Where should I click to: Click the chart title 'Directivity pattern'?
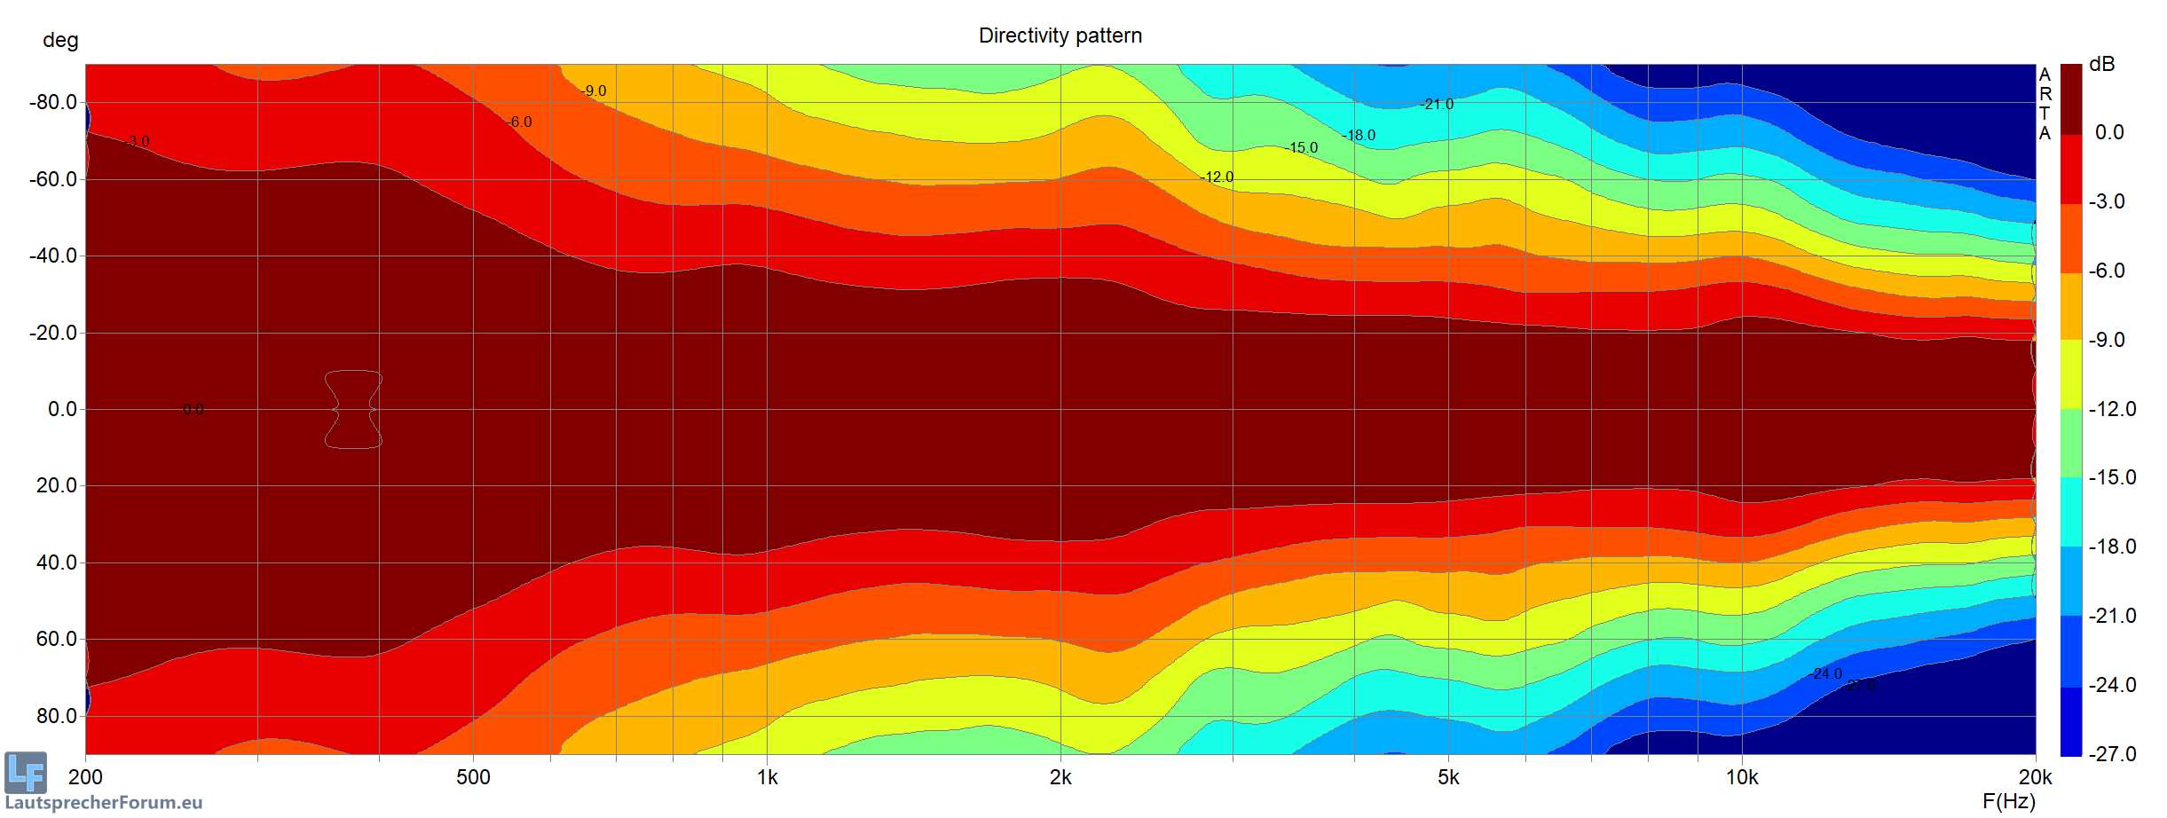[1060, 35]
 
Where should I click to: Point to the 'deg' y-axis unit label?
[60, 41]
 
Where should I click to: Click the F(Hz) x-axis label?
[2009, 801]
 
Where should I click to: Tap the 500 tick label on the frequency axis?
[473, 778]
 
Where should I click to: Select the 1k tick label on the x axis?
[768, 778]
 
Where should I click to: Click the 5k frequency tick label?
[1448, 778]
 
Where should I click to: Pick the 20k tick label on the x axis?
[2035, 778]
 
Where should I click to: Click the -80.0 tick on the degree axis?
[53, 102]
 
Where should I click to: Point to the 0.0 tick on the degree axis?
[62, 409]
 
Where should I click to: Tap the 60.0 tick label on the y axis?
[57, 639]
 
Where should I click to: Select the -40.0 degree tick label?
[53, 256]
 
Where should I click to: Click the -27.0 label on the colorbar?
[2112, 754]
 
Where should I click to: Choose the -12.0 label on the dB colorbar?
[2112, 409]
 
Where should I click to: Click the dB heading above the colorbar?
[2101, 64]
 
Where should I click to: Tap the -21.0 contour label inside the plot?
[1437, 105]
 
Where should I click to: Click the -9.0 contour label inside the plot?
[594, 91]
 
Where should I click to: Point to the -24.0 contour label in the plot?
[1825, 674]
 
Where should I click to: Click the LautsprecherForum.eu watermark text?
[104, 803]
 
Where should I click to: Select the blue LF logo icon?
[26, 772]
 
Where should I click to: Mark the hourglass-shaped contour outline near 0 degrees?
[353, 409]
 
